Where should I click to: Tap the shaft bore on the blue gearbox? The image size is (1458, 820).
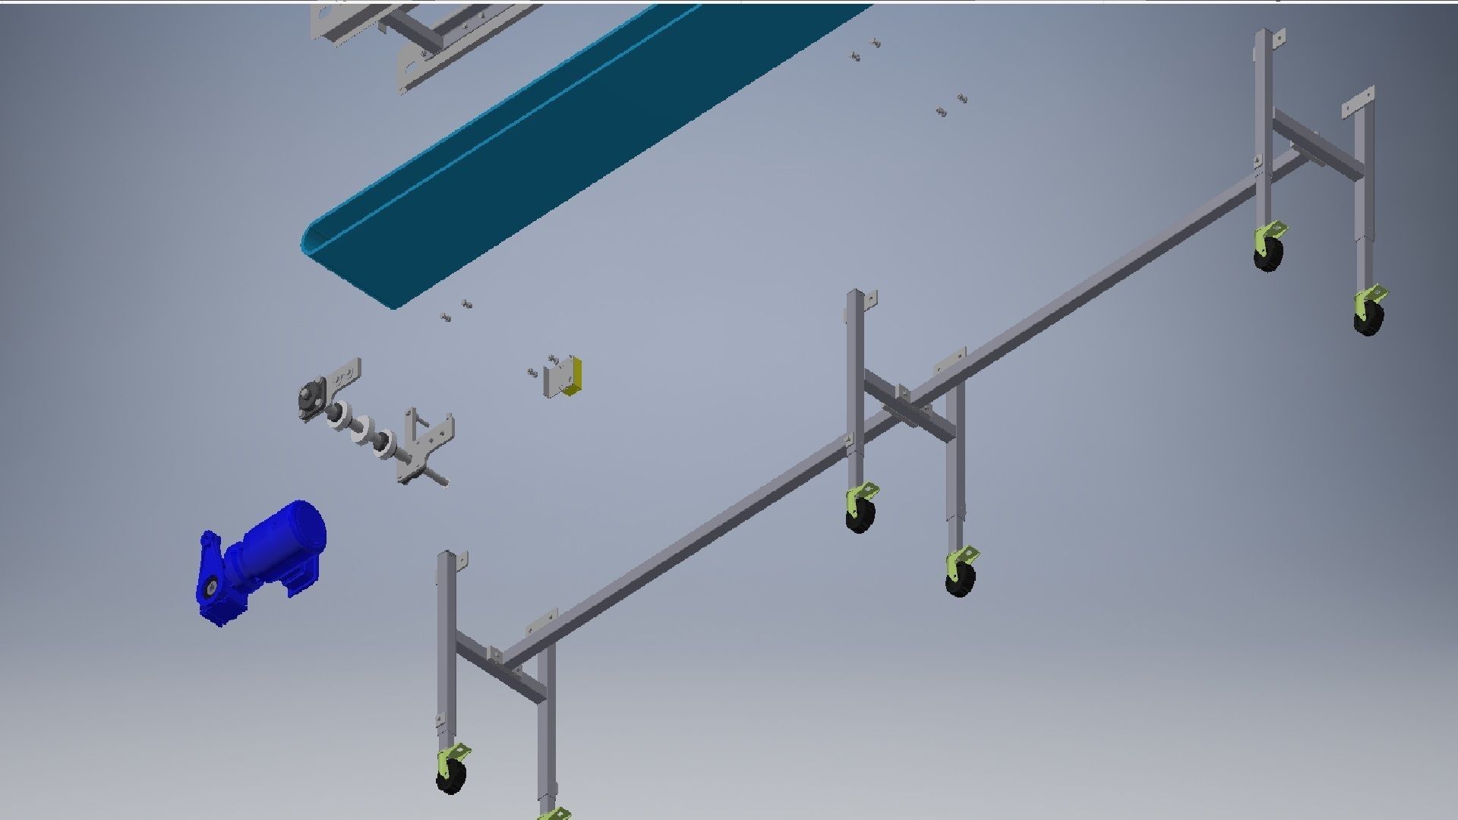click(210, 588)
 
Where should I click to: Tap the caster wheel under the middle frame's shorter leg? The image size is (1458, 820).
click(960, 582)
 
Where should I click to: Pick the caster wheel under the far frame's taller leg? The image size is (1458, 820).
click(1268, 255)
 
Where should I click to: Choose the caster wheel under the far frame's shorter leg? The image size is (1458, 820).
click(1368, 319)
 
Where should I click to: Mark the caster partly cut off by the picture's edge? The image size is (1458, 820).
click(553, 814)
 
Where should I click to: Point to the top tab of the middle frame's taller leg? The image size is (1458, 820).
click(870, 298)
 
